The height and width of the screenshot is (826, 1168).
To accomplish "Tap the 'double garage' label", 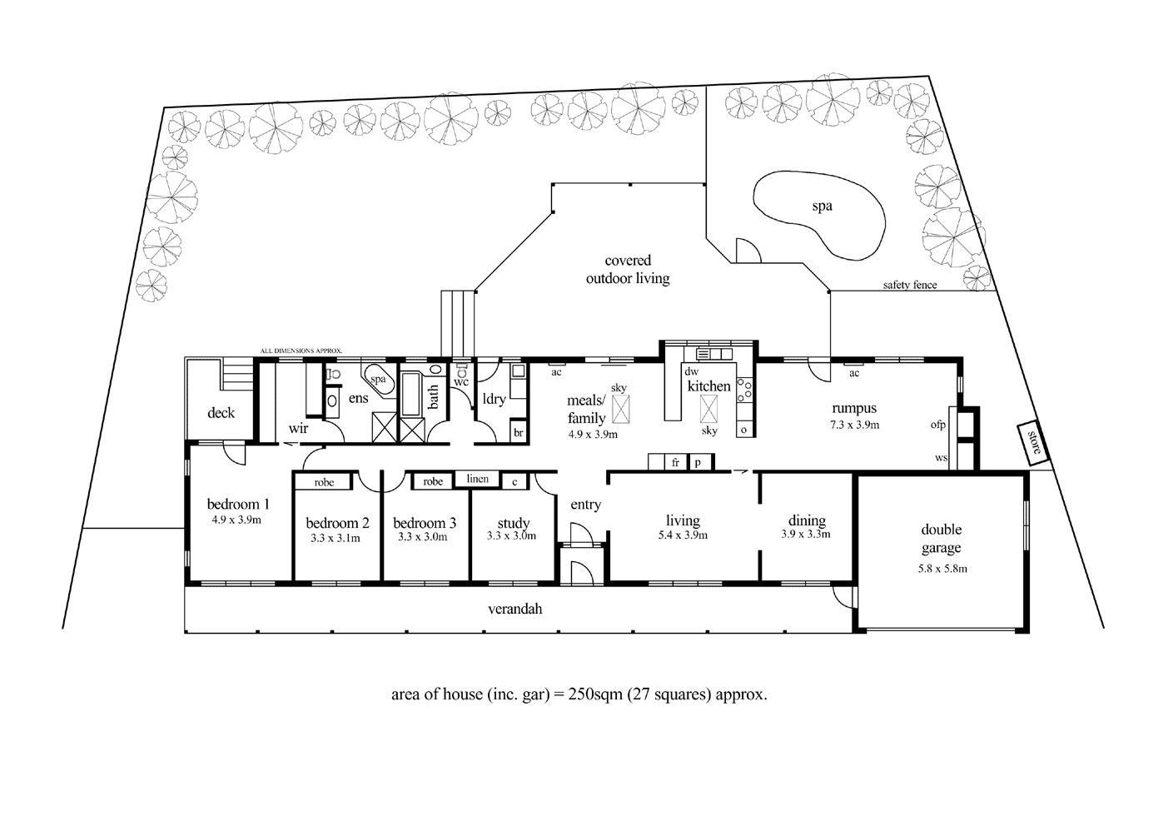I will [x=941, y=539].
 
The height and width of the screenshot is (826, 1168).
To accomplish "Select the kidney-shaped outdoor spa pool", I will [x=820, y=213].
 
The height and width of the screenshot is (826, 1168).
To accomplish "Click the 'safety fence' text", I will [x=909, y=285].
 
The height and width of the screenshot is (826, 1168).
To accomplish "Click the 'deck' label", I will [x=221, y=412].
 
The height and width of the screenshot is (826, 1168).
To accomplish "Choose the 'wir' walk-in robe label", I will [x=298, y=428].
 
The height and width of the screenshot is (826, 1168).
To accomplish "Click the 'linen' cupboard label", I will [x=477, y=479].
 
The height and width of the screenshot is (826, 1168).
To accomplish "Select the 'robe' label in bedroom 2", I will [x=324, y=482].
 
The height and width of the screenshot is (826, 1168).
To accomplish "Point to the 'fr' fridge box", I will [x=675, y=462].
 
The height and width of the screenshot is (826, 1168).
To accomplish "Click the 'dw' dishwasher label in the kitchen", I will [x=690, y=371].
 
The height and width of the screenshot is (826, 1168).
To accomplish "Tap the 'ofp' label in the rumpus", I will [x=938, y=425].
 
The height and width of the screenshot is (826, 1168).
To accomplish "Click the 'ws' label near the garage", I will [x=942, y=458].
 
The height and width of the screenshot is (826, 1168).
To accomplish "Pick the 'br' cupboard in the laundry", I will [x=518, y=433].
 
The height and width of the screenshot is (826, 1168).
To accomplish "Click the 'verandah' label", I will [x=514, y=610].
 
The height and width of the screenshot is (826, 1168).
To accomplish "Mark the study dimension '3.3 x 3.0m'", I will [x=511, y=536].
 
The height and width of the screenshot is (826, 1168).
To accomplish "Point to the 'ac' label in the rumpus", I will [x=854, y=374].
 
